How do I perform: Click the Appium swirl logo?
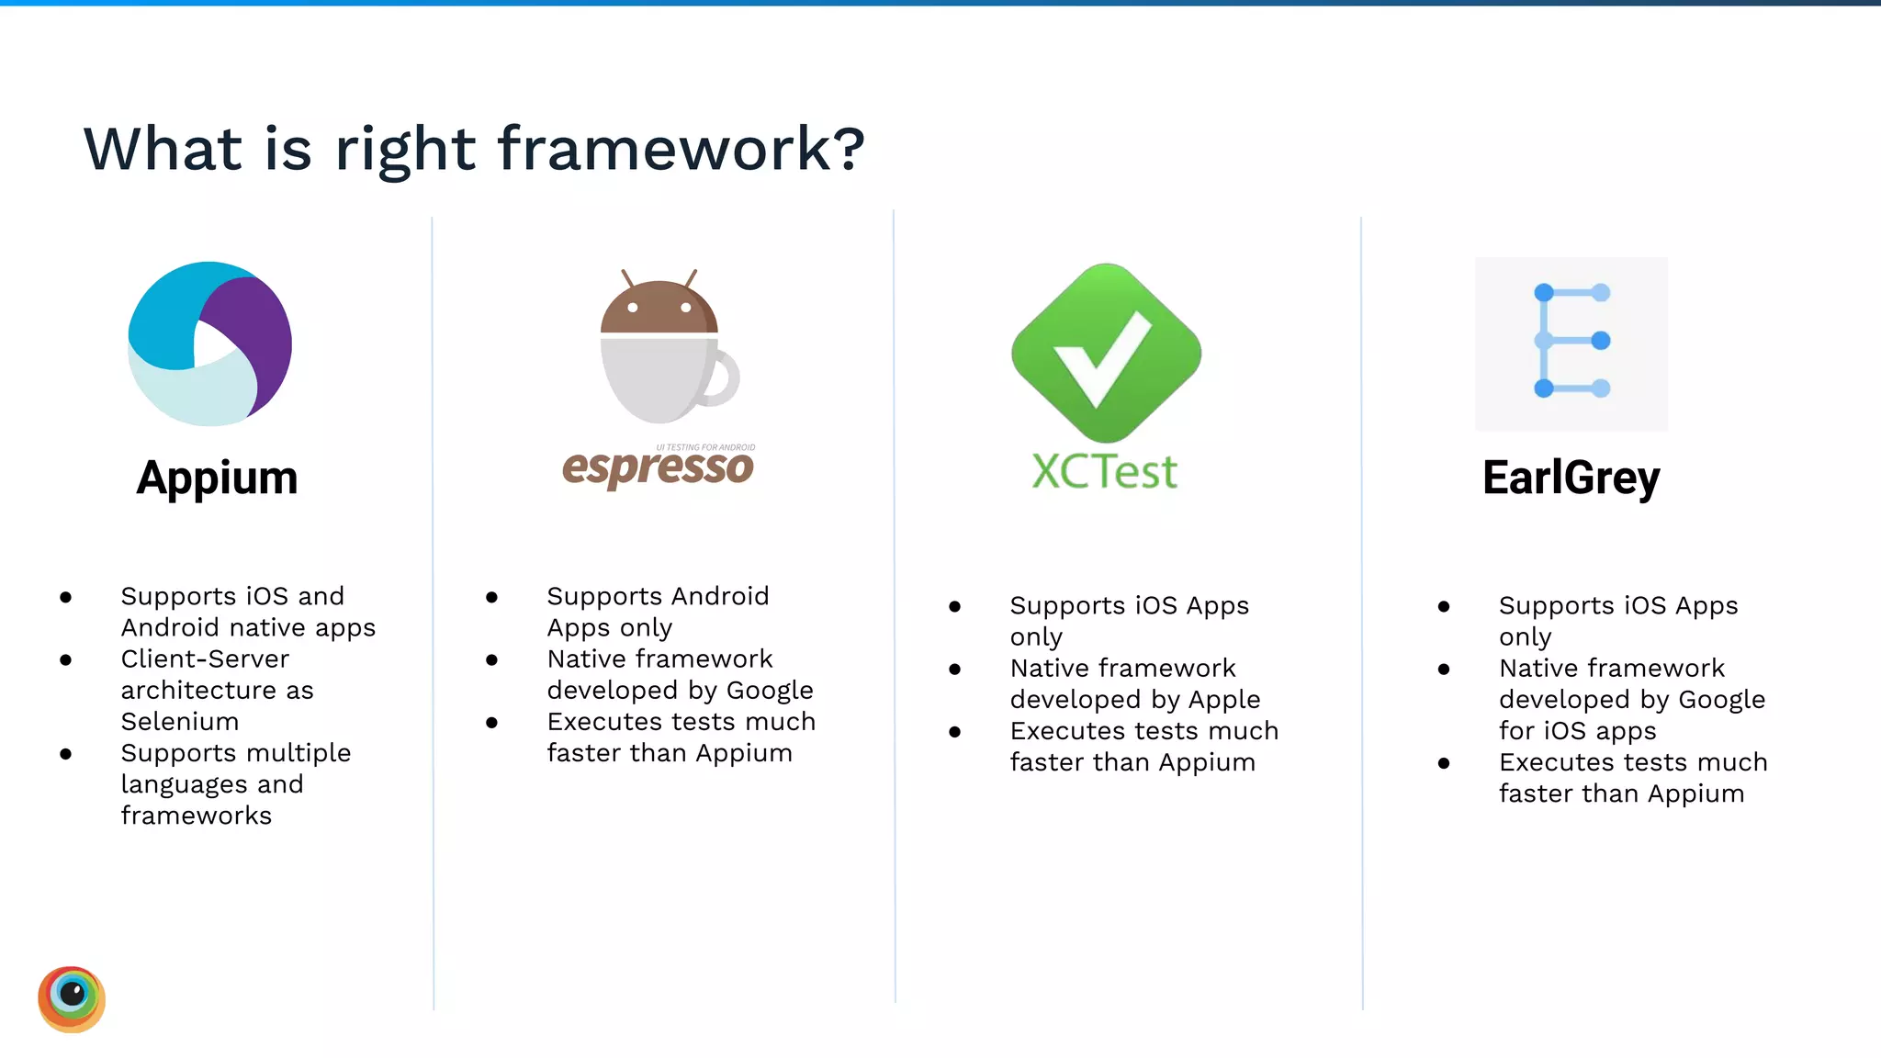pyautogui.click(x=209, y=343)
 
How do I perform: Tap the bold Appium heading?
pyautogui.click(x=217, y=478)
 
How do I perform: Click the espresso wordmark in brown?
pyautogui.click(x=658, y=467)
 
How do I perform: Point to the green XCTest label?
pyautogui.click(x=1104, y=472)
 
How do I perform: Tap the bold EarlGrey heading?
pyautogui.click(x=1571, y=478)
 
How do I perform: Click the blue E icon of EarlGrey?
pyautogui.click(x=1571, y=342)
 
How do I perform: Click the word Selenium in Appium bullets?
pyautogui.click(x=180, y=722)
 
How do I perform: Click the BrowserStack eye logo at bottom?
pyautogui.click(x=72, y=998)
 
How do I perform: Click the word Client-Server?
pyautogui.click(x=205, y=659)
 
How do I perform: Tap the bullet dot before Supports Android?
pyautogui.click(x=492, y=598)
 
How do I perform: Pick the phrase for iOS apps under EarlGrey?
pyautogui.click(x=1577, y=731)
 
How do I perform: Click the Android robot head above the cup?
pyautogui.click(x=659, y=308)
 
